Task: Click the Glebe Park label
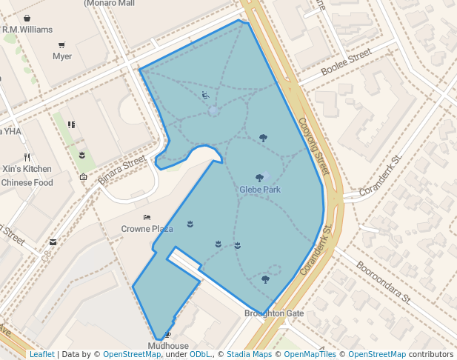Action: (x=259, y=190)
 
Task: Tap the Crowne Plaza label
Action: (x=147, y=229)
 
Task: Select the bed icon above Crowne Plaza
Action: (x=147, y=218)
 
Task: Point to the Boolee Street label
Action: (x=346, y=64)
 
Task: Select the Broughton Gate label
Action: (x=274, y=313)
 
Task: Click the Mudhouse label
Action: (x=168, y=346)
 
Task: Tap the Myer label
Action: (x=62, y=56)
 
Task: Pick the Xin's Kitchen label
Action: (x=27, y=169)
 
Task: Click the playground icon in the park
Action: (x=205, y=95)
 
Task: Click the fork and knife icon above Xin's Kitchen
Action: (x=27, y=157)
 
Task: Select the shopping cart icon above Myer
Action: (x=61, y=44)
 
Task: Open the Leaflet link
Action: (x=41, y=354)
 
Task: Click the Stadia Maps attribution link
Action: (x=250, y=354)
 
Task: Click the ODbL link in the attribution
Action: (x=200, y=354)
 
